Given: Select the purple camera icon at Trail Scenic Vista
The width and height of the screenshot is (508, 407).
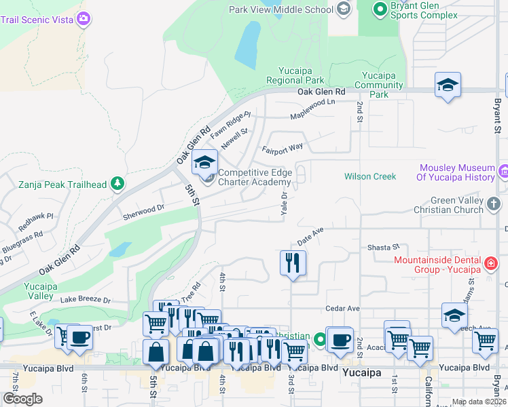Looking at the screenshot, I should point(84,18).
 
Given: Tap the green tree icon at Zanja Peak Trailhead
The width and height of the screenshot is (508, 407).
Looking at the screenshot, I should point(117,183).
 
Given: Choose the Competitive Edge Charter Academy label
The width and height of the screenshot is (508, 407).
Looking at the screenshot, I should point(255,177).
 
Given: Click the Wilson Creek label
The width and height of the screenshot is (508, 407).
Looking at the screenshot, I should point(369,176).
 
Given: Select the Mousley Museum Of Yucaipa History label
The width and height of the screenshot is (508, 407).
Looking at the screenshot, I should point(457,172).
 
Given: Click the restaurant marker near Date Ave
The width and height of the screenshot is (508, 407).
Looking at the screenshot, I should point(293,263).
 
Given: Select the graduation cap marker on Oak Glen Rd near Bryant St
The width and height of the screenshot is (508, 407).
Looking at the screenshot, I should point(448,85).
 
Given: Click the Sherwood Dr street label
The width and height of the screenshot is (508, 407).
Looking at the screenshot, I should point(144,213).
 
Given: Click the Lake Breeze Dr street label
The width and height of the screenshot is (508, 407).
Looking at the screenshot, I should point(84,299).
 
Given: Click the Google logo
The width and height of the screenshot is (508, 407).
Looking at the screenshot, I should point(22,399).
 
